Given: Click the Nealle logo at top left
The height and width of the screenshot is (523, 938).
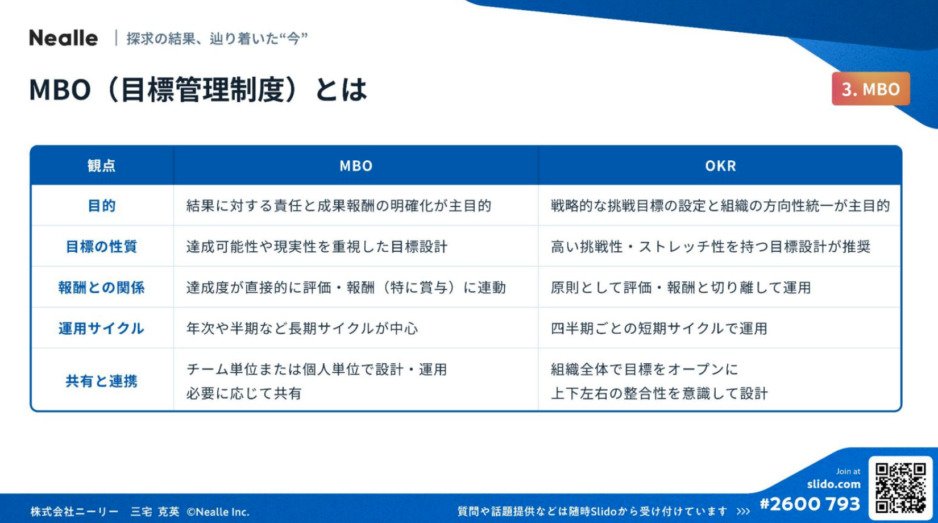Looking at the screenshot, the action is coord(63,38).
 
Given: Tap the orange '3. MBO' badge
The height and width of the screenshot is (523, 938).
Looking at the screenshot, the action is coord(870,89).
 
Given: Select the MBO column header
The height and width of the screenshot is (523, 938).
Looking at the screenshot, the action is coord(356,166).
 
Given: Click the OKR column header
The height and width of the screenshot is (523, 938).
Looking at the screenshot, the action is coord(720,166).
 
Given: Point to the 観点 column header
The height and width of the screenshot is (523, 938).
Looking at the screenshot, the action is coord(101,166).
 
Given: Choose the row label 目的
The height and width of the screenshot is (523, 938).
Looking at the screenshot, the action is coord(101,206).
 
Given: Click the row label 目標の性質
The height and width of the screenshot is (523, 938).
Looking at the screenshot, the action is coord(101,246).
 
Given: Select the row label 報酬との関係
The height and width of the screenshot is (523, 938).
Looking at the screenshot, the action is coord(101,287).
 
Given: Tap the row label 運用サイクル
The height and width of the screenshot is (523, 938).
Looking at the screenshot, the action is coord(101,328).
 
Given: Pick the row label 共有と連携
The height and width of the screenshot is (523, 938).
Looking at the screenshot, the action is coord(101,381).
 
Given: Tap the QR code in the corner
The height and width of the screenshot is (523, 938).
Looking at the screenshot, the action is coord(900,488).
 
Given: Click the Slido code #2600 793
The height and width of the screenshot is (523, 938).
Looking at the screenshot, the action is coord(810,504).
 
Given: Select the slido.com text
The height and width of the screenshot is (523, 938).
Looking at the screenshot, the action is coord(834,484).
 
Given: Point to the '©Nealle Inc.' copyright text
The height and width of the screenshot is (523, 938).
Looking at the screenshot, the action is coord(218,512).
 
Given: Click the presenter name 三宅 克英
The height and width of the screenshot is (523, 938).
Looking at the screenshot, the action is coord(155,512).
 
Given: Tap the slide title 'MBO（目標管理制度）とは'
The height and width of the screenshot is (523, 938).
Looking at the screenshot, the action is coord(198,89).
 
